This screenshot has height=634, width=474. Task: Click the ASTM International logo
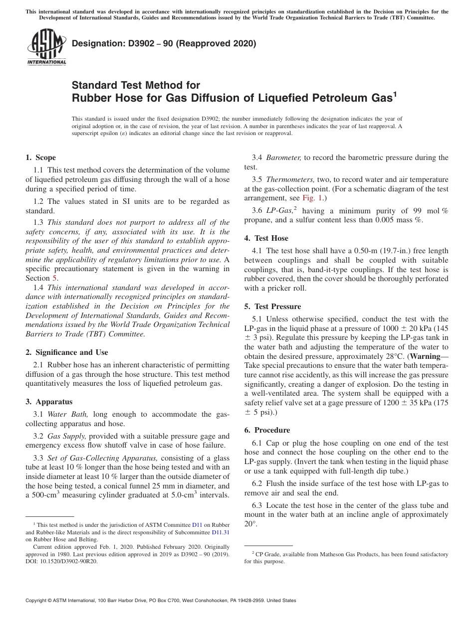tap(46, 47)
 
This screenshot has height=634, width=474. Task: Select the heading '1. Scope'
tap(40, 158)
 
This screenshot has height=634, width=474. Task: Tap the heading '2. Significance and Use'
tap(67, 352)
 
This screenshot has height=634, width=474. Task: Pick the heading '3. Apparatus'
tap(49, 401)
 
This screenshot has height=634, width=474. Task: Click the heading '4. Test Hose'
tap(266, 238)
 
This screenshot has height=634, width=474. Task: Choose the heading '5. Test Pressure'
tap(272, 307)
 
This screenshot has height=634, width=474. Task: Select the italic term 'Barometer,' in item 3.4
tap(283, 158)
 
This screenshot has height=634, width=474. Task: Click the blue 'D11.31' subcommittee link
tap(220, 532)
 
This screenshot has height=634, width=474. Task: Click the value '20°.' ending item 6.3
tap(250, 524)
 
